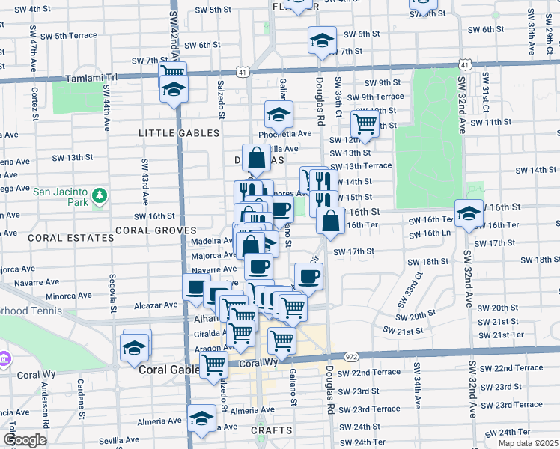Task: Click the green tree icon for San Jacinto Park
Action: [100, 197]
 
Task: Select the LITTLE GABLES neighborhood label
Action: [179, 133]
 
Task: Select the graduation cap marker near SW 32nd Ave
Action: [469, 213]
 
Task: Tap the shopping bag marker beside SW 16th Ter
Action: [330, 220]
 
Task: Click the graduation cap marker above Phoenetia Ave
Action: [277, 114]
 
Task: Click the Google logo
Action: [25, 440]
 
